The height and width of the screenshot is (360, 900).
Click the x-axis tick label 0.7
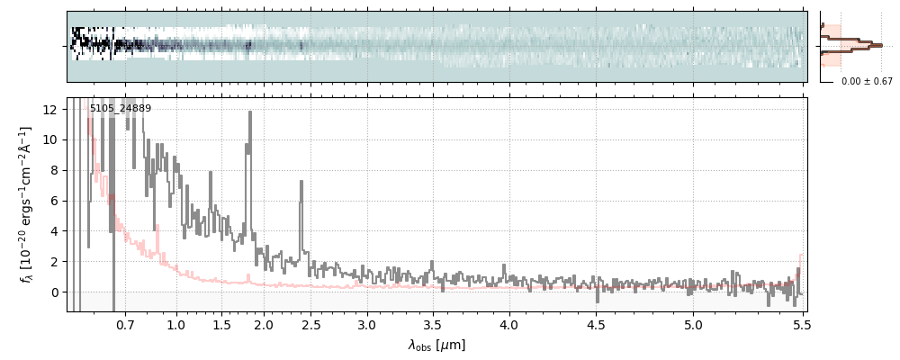[125, 324]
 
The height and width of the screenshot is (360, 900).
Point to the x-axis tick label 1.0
[176, 324]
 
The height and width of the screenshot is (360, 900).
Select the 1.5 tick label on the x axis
[221, 324]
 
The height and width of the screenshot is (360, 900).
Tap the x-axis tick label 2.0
[264, 324]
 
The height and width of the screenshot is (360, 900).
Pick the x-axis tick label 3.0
[367, 324]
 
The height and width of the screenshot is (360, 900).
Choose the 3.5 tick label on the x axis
[433, 324]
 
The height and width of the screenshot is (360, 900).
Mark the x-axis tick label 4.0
[509, 324]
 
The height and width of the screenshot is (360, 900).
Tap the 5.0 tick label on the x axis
[693, 324]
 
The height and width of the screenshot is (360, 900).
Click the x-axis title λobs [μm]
[436, 345]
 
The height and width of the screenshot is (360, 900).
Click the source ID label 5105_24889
[121, 109]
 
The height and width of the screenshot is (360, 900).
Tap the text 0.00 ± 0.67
[867, 81]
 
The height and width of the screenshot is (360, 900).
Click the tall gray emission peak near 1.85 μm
[249, 113]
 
